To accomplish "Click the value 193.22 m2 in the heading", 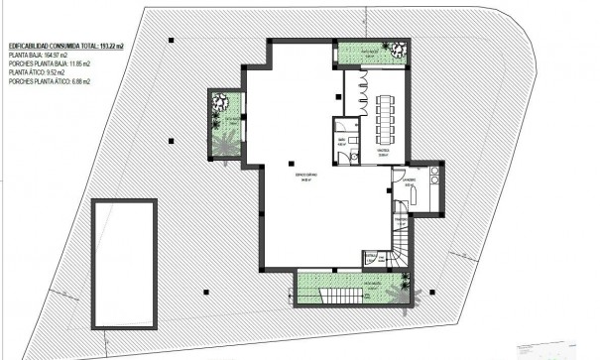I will [113, 47].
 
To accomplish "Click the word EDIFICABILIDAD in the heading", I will [30, 47].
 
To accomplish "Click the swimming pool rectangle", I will [124, 262].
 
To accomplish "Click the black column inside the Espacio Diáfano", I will [291, 163].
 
